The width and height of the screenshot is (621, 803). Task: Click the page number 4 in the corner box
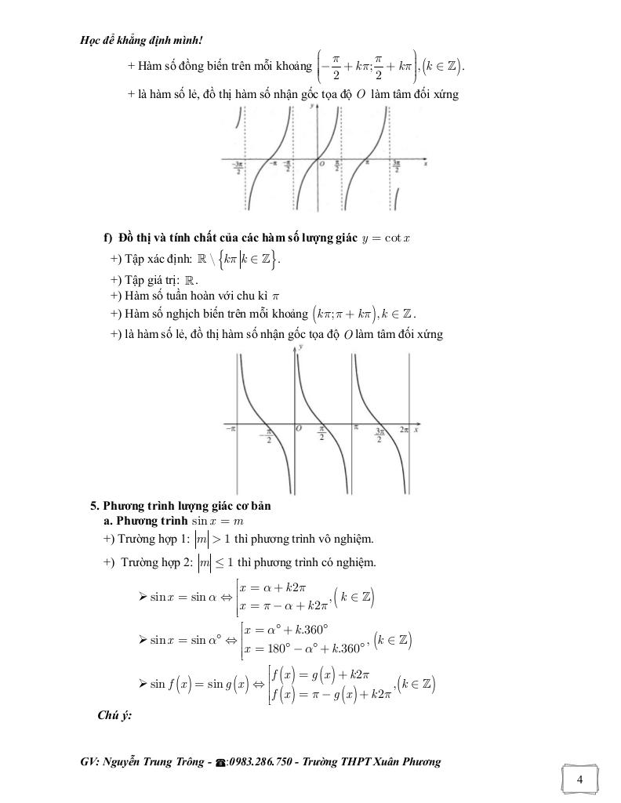tap(579, 779)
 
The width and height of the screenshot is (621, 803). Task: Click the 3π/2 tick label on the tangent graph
tap(397, 168)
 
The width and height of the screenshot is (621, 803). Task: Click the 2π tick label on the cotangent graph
tap(404, 431)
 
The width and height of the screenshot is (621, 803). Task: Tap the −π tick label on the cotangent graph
tap(230, 430)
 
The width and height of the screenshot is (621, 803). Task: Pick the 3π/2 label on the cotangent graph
tap(379, 435)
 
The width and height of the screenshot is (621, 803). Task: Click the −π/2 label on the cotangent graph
tap(268, 435)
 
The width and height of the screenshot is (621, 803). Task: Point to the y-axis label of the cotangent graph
tap(303, 357)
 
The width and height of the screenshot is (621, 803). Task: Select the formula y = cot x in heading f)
tap(387, 238)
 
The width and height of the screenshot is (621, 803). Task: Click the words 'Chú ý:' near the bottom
tap(114, 714)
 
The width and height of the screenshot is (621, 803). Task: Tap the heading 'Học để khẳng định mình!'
tap(131, 41)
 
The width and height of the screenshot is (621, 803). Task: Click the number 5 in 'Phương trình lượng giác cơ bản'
tap(95, 506)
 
